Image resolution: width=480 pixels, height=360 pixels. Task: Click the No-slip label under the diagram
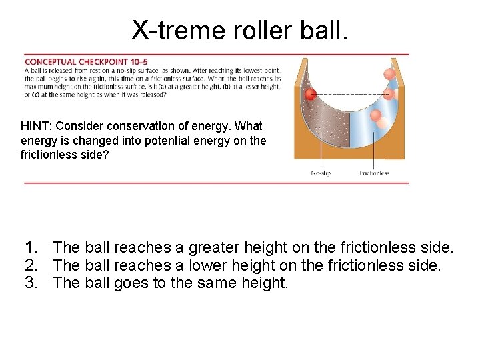pos(321,173)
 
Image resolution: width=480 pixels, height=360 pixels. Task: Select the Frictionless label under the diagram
pos(374,173)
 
